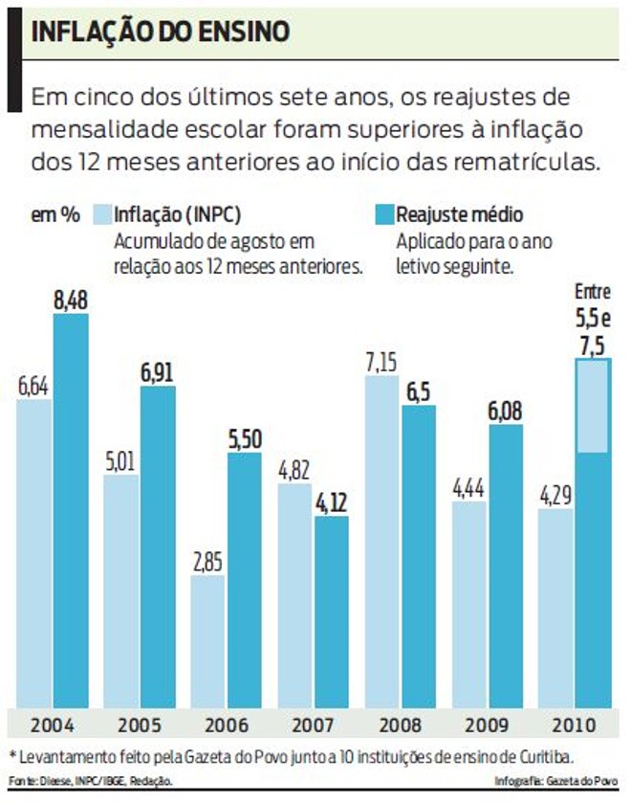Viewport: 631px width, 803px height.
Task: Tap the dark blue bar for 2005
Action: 158,546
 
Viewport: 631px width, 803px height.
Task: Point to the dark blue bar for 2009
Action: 506,565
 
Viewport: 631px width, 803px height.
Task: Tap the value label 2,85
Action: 208,562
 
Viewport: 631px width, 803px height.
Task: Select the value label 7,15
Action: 382,363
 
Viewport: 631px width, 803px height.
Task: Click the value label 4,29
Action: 556,497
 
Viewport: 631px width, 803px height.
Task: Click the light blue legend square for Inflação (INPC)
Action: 101,214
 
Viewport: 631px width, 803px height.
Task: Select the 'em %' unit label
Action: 55,214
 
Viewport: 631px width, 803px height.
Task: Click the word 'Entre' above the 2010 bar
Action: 592,290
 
